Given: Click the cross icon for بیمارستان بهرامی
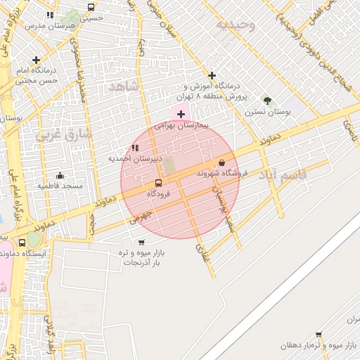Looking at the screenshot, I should (x=181, y=113).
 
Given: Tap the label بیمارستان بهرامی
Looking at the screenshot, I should (x=181, y=124).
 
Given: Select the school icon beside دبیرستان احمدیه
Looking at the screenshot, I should (x=134, y=148).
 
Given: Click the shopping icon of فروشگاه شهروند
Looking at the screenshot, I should (x=222, y=162).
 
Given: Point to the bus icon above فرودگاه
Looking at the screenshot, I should (x=157, y=182).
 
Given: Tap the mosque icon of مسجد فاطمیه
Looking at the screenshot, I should (x=60, y=176).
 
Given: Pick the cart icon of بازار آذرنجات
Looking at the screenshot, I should (x=122, y=242).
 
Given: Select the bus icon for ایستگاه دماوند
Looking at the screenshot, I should (x=23, y=243).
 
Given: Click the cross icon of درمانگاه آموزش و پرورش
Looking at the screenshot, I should (x=212, y=75).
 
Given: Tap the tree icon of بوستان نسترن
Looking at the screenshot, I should (x=266, y=100).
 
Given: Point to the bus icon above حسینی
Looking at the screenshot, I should (x=91, y=7).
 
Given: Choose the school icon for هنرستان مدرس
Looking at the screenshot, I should (x=50, y=15).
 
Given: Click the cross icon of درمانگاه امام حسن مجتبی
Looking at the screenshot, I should (x=36, y=60).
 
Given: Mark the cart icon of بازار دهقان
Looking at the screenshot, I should (x=319, y=335).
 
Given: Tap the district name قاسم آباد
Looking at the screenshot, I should (x=283, y=174).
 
